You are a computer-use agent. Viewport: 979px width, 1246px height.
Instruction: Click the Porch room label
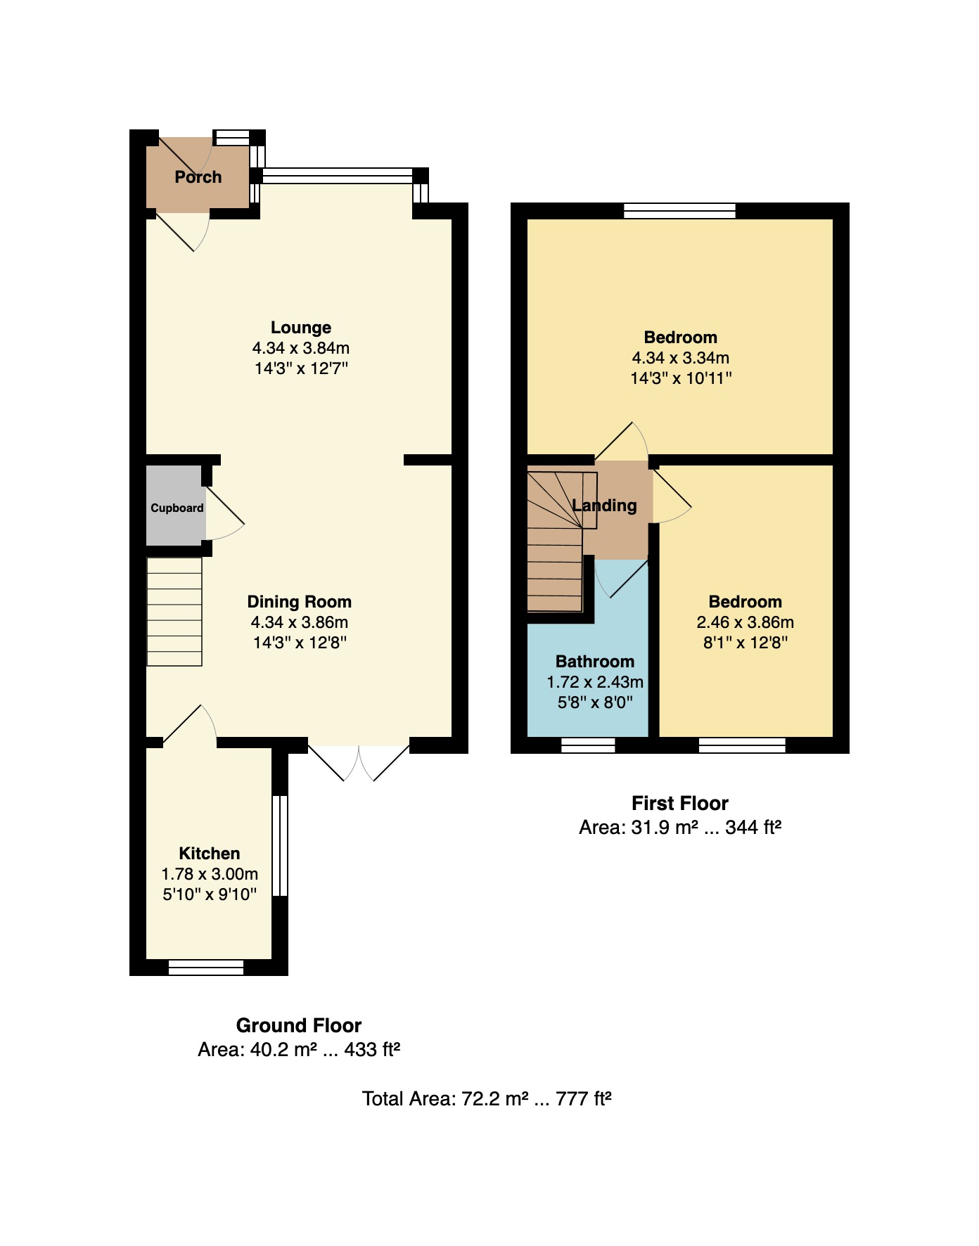tap(198, 177)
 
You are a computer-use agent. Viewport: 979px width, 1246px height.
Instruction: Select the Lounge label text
tap(301, 328)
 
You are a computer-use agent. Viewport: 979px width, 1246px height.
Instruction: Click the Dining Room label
tap(299, 602)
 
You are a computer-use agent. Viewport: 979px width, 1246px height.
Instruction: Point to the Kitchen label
tap(210, 854)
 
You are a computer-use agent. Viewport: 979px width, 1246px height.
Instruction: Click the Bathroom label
tap(595, 662)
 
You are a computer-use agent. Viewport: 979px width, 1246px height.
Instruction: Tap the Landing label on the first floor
tap(604, 506)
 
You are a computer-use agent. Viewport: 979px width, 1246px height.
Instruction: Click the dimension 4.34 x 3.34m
tap(680, 358)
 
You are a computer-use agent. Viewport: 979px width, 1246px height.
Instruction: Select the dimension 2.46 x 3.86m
tap(745, 622)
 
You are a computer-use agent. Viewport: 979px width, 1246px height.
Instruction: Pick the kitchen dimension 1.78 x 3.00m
tap(210, 874)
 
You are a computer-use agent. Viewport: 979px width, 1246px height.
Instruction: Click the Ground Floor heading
tap(299, 1025)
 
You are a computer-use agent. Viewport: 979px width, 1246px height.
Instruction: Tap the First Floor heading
tap(680, 803)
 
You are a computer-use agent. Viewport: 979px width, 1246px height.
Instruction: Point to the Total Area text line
tap(487, 1098)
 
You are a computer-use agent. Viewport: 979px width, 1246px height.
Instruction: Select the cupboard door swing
tap(224, 508)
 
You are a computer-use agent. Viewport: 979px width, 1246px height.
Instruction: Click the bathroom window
tap(588, 745)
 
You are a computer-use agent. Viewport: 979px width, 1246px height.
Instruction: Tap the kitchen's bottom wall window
tap(206, 968)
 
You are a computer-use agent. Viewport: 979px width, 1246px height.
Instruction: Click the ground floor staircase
tap(174, 612)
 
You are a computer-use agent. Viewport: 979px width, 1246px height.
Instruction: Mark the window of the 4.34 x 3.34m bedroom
tap(679, 210)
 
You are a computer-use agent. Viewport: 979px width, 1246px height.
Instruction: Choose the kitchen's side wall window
tap(280, 845)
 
